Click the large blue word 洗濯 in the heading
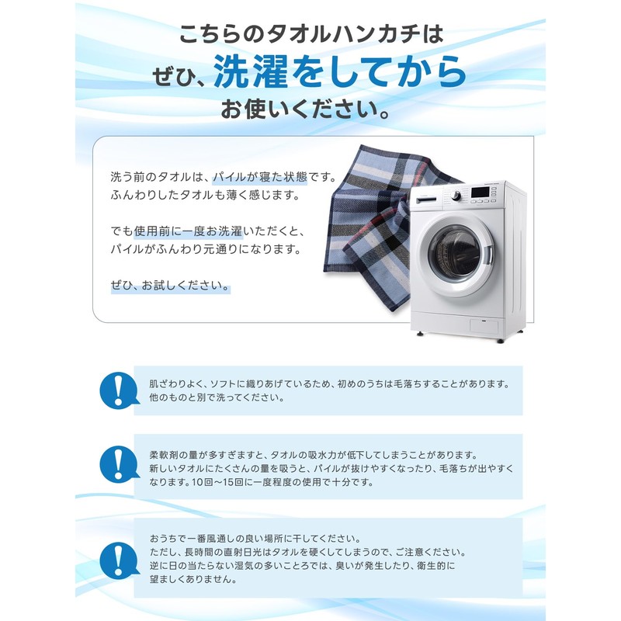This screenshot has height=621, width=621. pyautogui.click(x=250, y=71)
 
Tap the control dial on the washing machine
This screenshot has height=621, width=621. pyautogui.click(x=456, y=196)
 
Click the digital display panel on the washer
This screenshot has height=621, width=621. pyautogui.click(x=480, y=192)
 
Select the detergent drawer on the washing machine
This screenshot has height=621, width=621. pyautogui.click(x=425, y=200)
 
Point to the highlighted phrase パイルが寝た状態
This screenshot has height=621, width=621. pyautogui.click(x=260, y=177)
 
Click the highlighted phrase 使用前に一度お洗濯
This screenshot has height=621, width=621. pyautogui.click(x=188, y=231)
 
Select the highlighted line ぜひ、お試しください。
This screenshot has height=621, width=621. pyautogui.click(x=170, y=286)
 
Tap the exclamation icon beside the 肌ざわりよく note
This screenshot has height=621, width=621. pyautogui.click(x=119, y=390)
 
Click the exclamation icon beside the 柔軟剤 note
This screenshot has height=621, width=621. pyautogui.click(x=119, y=464)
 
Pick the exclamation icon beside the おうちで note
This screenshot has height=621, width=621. pyautogui.click(x=119, y=560)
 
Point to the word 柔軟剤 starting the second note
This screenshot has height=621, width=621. pyautogui.click(x=163, y=455)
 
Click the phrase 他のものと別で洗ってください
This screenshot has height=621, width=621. pyautogui.click(x=217, y=397)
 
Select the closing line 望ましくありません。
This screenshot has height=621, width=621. pyautogui.click(x=193, y=579)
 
